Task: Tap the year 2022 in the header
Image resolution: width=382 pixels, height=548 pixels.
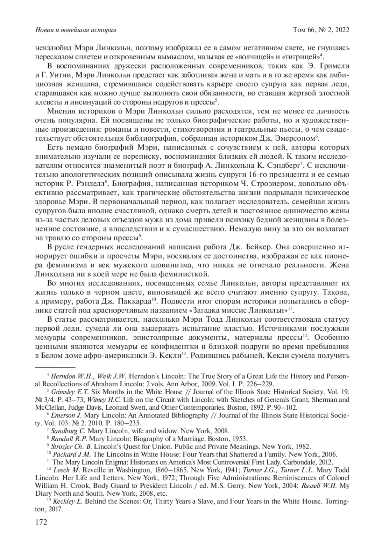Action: pyautogui.click(x=341, y=30)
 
